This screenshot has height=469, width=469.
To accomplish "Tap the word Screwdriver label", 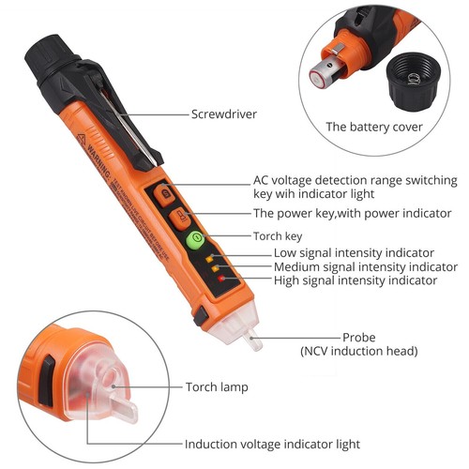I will pos(224,115).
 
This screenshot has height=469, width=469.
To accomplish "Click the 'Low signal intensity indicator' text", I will pos(354,252).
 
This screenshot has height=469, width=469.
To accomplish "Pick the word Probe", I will pos(360,337).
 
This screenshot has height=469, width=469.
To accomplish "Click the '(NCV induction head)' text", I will pos(360,351).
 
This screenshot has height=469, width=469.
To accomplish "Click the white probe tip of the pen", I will pos(252,339).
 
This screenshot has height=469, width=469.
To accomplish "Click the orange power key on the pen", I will pos(177,219).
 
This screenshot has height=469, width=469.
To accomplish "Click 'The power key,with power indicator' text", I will pos(352,213).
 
